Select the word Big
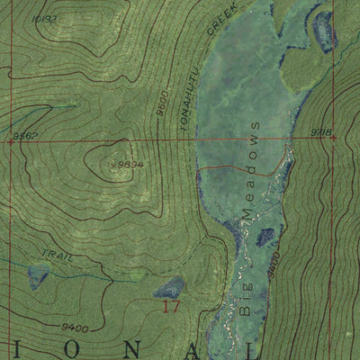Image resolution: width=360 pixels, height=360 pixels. [246, 299]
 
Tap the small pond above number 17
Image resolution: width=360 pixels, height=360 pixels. [169, 287]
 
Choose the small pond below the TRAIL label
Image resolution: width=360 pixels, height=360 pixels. [38, 274]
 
